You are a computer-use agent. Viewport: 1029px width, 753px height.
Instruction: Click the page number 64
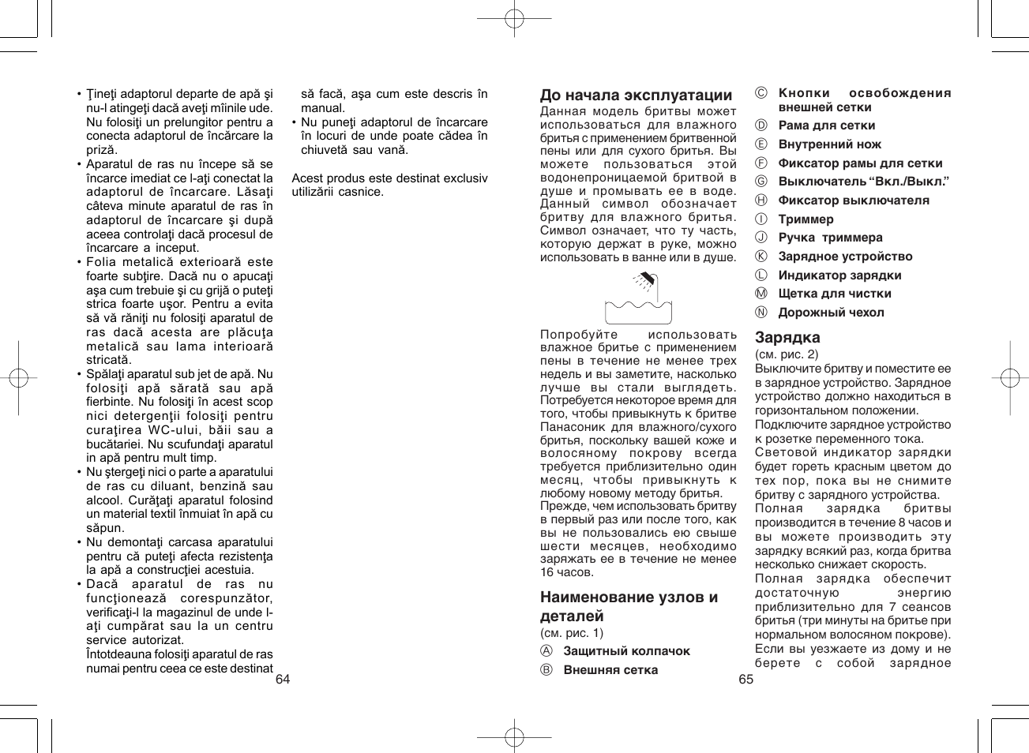(x=283, y=680)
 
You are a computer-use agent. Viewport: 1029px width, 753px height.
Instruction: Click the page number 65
(x=745, y=680)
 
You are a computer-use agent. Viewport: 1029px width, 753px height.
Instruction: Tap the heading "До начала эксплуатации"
(x=636, y=96)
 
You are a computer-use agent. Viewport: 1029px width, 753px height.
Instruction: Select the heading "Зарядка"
(x=787, y=338)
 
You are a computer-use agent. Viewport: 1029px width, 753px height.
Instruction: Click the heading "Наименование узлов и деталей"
(x=629, y=606)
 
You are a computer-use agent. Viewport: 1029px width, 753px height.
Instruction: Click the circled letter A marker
(x=546, y=651)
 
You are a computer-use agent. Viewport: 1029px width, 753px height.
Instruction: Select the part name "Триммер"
(x=806, y=219)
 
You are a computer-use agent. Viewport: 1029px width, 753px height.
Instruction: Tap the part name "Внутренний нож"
(x=829, y=144)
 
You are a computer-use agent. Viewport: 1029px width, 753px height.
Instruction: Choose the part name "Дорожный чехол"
(x=831, y=313)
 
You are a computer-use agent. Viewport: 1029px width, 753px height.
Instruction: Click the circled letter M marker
(x=761, y=294)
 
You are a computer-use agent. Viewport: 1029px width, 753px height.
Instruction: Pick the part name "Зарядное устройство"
(x=845, y=257)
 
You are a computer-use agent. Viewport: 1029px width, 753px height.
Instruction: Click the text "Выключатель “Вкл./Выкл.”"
(x=863, y=182)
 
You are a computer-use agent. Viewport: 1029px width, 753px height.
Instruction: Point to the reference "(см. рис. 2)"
(x=787, y=354)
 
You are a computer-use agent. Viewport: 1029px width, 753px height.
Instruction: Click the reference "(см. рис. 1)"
(x=572, y=632)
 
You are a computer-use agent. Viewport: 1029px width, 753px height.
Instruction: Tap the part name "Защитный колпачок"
(x=626, y=651)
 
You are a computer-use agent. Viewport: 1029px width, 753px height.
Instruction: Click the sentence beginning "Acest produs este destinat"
(x=389, y=185)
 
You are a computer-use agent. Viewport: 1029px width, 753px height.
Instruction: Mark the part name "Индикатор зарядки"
(x=839, y=275)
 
